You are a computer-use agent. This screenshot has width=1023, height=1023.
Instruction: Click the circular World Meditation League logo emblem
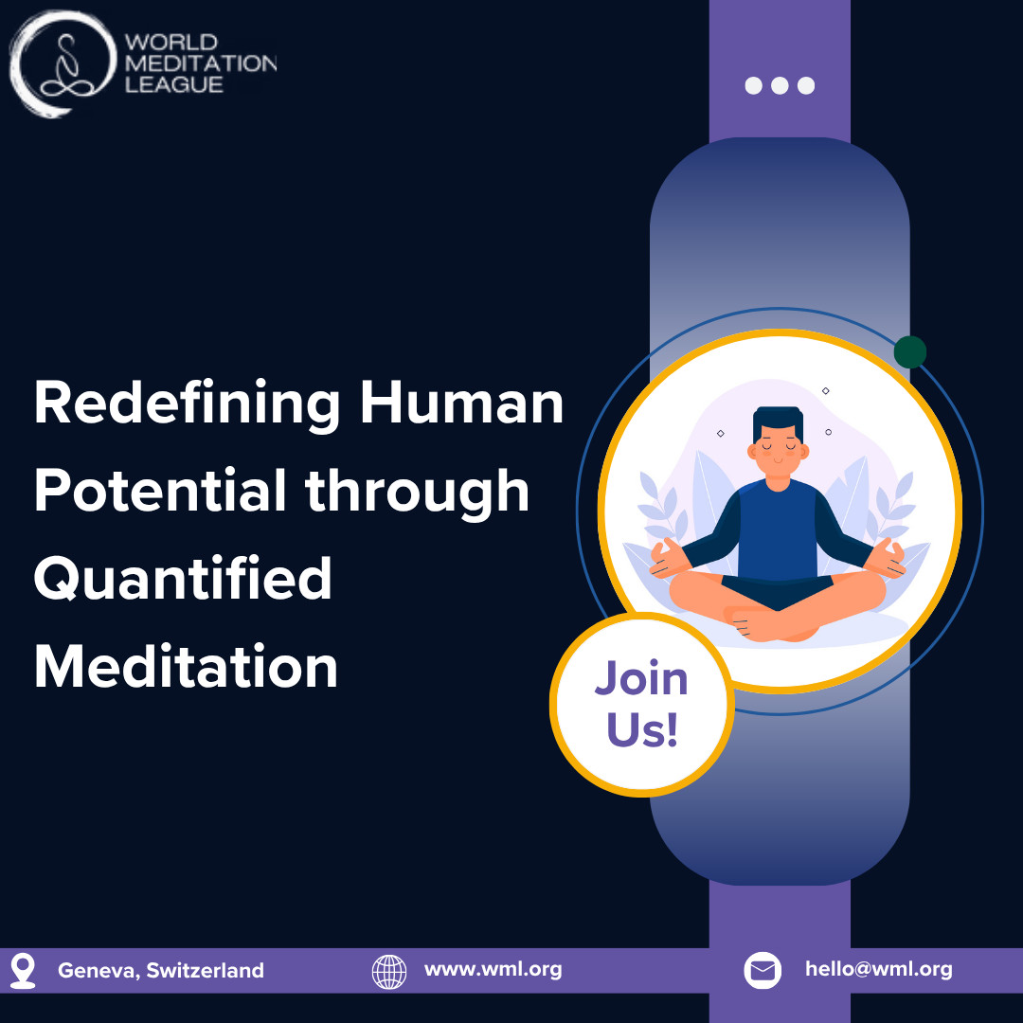point(63,64)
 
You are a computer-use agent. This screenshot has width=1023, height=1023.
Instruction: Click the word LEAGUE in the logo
point(174,85)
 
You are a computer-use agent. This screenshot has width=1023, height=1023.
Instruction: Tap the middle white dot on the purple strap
point(780,85)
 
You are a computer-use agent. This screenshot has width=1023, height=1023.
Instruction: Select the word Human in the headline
point(462,404)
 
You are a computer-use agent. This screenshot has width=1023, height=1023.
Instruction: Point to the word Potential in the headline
point(160,490)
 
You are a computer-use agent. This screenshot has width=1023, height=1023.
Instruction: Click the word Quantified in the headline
point(183,579)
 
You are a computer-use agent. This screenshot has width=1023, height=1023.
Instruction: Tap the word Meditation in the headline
point(186,666)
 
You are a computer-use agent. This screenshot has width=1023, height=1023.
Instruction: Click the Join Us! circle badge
point(642,705)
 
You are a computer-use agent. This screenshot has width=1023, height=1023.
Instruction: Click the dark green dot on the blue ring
point(910,352)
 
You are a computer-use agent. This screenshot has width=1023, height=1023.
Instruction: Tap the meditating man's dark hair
point(778,421)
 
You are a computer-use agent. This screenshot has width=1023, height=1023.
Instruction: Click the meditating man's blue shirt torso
point(778,529)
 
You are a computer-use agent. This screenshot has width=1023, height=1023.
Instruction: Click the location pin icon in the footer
point(23,971)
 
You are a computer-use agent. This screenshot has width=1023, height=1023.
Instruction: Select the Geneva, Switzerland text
point(161,971)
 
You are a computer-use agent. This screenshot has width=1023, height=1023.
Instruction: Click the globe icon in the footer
point(389,972)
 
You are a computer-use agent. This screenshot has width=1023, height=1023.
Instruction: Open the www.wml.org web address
point(494,970)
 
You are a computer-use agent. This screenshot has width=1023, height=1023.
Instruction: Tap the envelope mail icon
point(763,971)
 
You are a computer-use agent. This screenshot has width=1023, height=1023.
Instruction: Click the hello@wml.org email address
point(879,970)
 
